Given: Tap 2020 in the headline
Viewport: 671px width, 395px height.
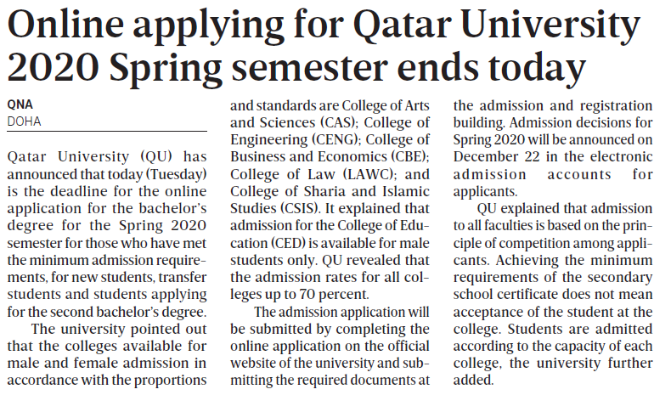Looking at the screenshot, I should point(53,65).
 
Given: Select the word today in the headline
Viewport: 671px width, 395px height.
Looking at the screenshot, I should point(534,65).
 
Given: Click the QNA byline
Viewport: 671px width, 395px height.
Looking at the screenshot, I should point(19,104).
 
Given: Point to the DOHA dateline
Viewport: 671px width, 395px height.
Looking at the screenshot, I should point(23,121).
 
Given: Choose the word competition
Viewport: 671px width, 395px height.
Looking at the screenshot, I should point(539,245).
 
